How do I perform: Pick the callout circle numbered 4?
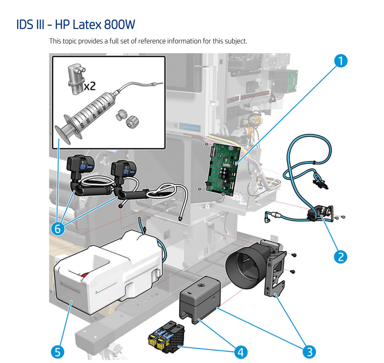tap(240, 351)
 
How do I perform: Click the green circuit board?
tap(222, 167)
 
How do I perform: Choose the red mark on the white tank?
tap(85, 275)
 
